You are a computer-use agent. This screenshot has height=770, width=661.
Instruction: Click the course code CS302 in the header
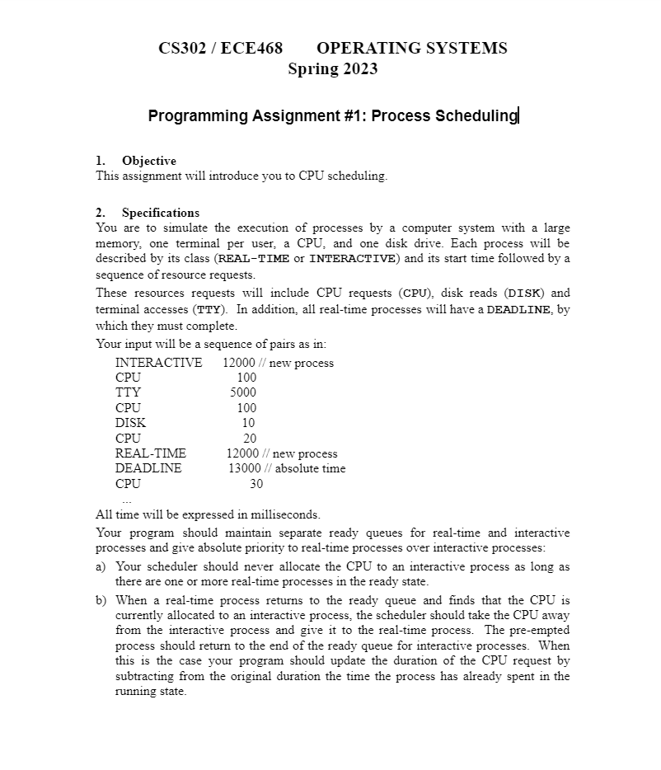click(182, 48)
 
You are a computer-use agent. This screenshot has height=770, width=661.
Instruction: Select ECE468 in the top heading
click(251, 48)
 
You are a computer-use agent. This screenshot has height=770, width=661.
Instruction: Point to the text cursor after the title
click(518, 115)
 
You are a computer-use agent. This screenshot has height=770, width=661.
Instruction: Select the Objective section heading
click(148, 161)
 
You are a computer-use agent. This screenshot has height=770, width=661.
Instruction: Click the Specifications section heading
click(160, 213)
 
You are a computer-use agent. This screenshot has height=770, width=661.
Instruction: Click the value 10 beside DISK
click(248, 423)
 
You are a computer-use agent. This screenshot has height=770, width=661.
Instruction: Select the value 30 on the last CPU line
click(255, 484)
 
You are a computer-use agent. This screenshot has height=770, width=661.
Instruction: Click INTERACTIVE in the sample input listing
click(158, 363)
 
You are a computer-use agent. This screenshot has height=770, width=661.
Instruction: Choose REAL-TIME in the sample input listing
click(151, 453)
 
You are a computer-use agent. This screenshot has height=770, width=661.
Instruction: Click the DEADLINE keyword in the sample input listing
click(148, 468)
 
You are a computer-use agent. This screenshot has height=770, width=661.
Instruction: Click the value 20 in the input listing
click(249, 438)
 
